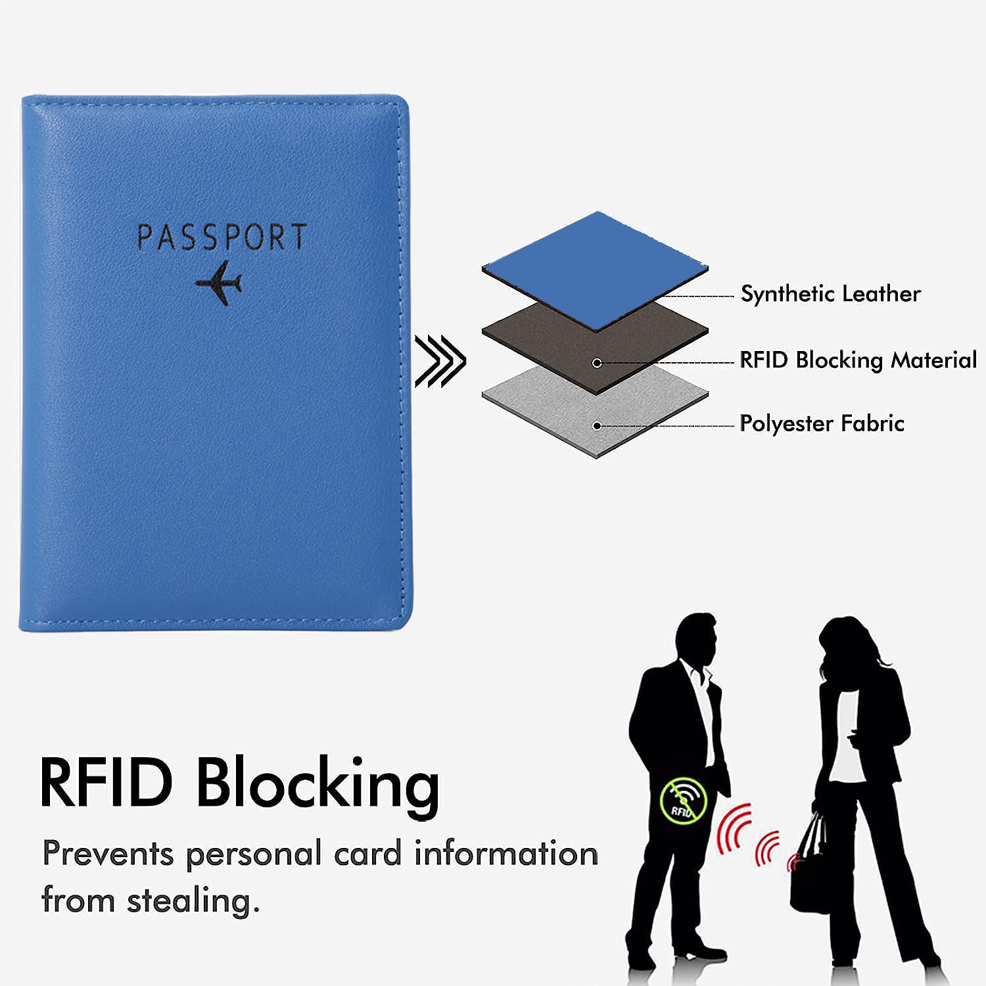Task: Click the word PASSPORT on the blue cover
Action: tap(222, 237)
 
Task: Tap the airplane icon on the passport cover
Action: tap(219, 283)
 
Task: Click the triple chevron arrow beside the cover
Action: tap(440, 360)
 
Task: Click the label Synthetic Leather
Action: tap(830, 294)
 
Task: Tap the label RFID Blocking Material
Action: tap(858, 360)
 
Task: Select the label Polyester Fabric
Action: tap(822, 423)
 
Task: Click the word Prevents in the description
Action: tap(108, 854)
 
